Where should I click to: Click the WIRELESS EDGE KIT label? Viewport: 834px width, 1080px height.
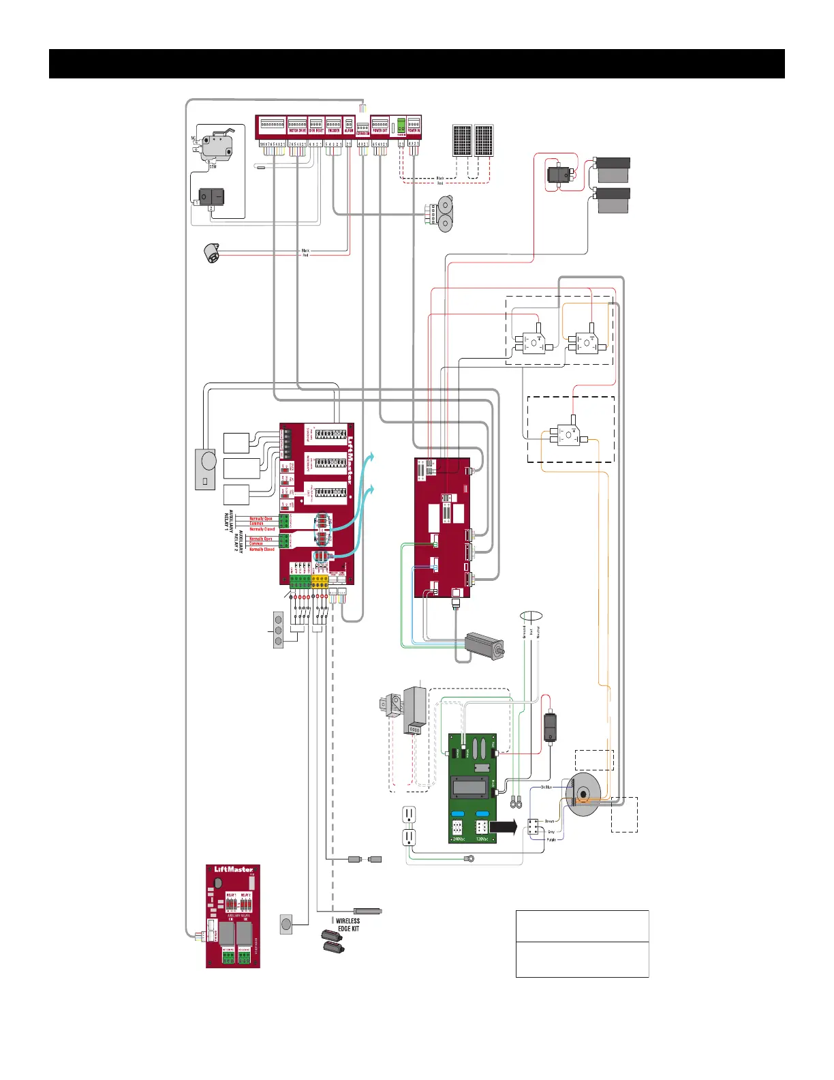[348, 925]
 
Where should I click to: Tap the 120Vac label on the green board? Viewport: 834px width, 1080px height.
[481, 839]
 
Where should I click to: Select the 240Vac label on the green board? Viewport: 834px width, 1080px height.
[457, 839]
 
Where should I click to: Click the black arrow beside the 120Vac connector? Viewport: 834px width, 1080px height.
[504, 827]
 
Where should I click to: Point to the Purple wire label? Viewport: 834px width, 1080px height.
[551, 839]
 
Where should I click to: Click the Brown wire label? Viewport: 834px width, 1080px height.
[549, 822]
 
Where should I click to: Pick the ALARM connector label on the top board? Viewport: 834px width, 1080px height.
[349, 130]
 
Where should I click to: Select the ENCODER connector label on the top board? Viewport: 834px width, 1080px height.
[333, 130]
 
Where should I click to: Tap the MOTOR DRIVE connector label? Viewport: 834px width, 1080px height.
[297, 130]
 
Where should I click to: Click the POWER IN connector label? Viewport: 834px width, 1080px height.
[414, 130]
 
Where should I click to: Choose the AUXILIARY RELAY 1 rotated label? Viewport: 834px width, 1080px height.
[228, 520]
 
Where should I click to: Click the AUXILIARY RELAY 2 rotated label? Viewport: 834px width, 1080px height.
[238, 541]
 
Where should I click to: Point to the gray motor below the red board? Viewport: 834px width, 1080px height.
[484, 645]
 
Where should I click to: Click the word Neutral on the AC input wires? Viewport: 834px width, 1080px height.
[538, 632]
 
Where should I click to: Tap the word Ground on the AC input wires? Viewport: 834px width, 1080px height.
[525, 632]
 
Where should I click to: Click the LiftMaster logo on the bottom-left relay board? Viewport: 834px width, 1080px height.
[233, 869]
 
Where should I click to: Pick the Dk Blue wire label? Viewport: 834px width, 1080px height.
[546, 787]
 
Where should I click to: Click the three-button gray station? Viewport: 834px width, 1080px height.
[278, 629]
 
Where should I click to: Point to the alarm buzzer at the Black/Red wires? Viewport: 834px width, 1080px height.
[213, 254]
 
